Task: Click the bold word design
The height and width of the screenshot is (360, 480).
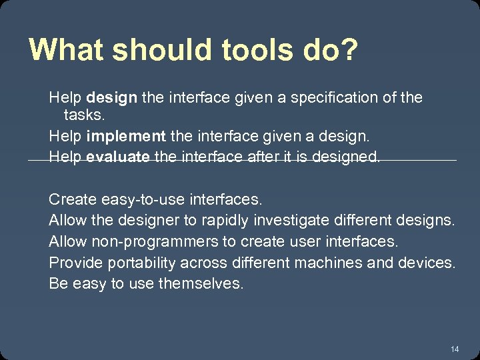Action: click(112, 98)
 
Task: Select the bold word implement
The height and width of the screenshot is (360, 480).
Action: click(126, 136)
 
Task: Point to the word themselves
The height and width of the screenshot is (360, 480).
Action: click(201, 283)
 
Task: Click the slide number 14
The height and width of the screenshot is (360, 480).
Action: click(455, 349)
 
